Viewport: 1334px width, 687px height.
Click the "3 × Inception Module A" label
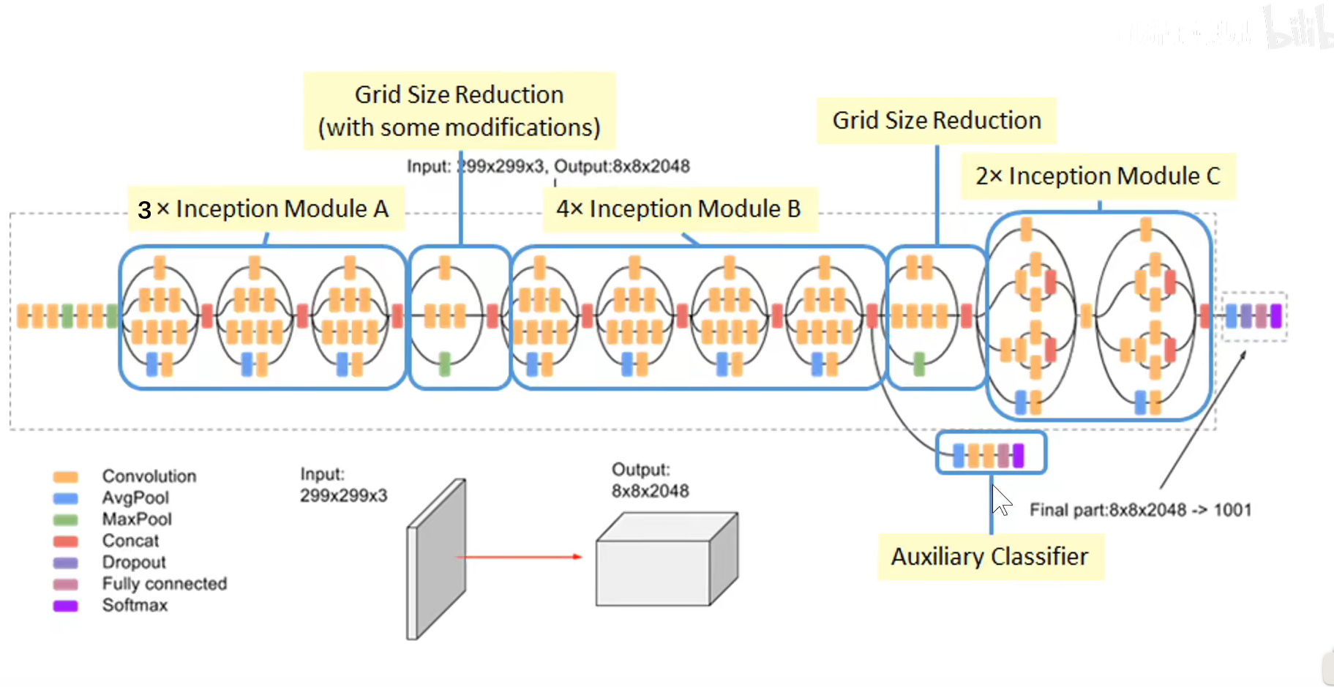(x=265, y=209)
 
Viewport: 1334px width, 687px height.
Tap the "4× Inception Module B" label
(x=678, y=209)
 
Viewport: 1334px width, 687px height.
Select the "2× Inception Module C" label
(x=1097, y=176)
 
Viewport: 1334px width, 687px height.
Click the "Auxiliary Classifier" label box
(x=989, y=557)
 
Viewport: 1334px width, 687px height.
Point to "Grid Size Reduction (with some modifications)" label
(x=459, y=111)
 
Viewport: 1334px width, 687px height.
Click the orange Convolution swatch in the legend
(x=65, y=477)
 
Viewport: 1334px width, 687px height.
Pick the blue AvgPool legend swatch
(x=65, y=498)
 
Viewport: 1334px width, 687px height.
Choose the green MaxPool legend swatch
(x=65, y=519)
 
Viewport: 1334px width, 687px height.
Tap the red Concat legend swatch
(x=65, y=541)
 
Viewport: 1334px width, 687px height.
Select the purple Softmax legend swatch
(x=65, y=606)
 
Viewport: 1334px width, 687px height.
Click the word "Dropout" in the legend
(x=134, y=563)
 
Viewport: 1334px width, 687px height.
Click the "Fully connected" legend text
(x=164, y=584)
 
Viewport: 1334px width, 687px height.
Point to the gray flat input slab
(x=437, y=560)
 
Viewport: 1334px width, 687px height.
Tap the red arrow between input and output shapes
(x=519, y=557)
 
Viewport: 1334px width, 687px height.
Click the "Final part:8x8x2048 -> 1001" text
(x=1139, y=510)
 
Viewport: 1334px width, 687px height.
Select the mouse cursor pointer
(x=1000, y=500)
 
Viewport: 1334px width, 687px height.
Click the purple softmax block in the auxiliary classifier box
(x=1018, y=455)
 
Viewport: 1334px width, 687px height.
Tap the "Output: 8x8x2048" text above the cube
(x=650, y=480)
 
